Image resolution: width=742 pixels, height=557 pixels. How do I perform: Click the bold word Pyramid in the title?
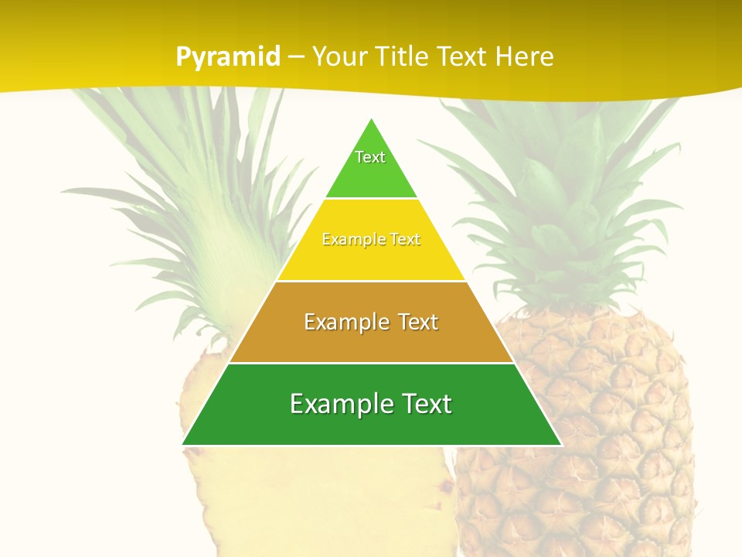(x=228, y=57)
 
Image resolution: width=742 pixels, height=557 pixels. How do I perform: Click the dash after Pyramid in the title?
(x=296, y=57)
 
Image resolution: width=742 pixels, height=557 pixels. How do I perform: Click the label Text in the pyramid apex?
(x=370, y=157)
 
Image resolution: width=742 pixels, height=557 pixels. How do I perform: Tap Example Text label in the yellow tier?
(x=371, y=240)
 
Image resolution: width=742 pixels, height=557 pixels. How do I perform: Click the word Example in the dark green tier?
(x=335, y=404)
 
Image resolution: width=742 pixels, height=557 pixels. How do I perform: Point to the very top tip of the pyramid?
(x=372, y=120)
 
